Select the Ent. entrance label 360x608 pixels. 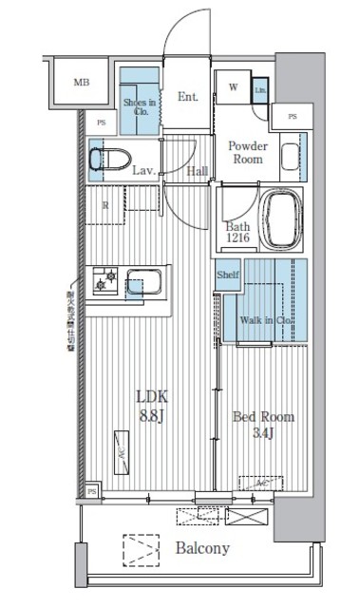pos(187,95)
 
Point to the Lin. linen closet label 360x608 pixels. pos(259,91)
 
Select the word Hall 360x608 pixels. pos(197,171)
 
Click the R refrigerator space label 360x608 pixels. pos(104,204)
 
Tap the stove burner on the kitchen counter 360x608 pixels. pos(104,280)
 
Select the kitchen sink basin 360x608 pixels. pos(146,283)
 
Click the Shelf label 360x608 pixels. pos(227,275)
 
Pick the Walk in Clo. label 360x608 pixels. pos(266,321)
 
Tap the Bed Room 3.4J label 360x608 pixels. pos(263,425)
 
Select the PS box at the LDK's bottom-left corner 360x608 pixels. pos(92,491)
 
